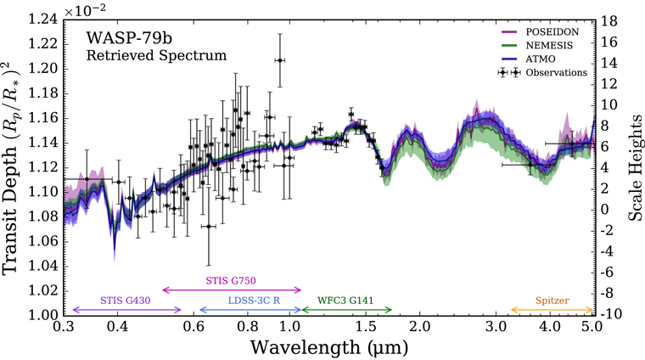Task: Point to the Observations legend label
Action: pyautogui.click(x=557, y=72)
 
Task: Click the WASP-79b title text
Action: pyautogui.click(x=129, y=38)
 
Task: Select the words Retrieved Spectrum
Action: pyautogui.click(x=156, y=55)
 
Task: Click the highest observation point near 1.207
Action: pyautogui.click(x=280, y=60)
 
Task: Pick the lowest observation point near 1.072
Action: pyautogui.click(x=209, y=227)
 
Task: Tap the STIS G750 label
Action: pyautogui.click(x=231, y=280)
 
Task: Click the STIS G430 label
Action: pyautogui.click(x=126, y=301)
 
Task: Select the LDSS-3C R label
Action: pyautogui.click(x=255, y=301)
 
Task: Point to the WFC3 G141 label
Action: pyautogui.click(x=345, y=301)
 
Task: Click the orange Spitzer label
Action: pyautogui.click(x=552, y=301)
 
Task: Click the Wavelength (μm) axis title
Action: pyautogui.click(x=329, y=347)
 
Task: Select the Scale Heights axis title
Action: pyautogui.click(x=635, y=167)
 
